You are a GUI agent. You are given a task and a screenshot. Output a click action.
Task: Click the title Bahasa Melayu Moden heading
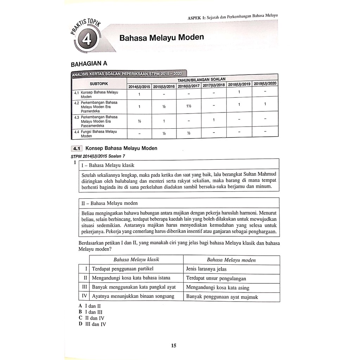coord(161,37)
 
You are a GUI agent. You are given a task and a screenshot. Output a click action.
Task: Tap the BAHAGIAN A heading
coord(89,64)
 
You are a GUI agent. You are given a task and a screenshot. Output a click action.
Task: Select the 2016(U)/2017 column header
coord(188,86)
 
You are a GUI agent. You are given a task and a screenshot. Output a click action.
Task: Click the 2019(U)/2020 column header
coord(265,83)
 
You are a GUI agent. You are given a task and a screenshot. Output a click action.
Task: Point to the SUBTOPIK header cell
coord(99,84)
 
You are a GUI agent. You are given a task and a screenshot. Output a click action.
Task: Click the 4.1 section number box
coord(76,148)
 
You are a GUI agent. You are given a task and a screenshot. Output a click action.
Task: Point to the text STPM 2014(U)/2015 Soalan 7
coord(96,157)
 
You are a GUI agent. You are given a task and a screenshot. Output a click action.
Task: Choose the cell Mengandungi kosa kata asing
coord(218,288)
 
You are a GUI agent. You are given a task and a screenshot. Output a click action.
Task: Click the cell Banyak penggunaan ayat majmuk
coord(222,297)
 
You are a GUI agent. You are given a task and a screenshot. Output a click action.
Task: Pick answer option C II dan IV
coord(92,318)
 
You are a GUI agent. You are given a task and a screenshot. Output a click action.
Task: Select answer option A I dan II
coord(90,306)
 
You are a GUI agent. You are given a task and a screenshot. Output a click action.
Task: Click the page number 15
coord(174,346)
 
